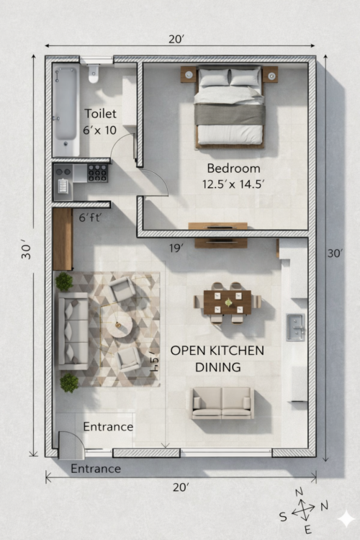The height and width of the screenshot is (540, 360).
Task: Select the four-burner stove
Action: pyautogui.click(x=97, y=173)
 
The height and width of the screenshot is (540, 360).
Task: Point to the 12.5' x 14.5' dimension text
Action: pyautogui.click(x=233, y=184)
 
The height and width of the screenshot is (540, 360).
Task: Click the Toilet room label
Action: pyautogui.click(x=100, y=114)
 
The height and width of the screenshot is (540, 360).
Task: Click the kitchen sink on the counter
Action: pyautogui.click(x=295, y=327)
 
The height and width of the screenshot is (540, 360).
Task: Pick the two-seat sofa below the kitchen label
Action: pyautogui.click(x=222, y=403)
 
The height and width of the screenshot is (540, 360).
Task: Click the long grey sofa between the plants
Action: pyautogui.click(x=73, y=330)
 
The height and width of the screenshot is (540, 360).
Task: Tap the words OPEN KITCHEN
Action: pyautogui.click(x=217, y=351)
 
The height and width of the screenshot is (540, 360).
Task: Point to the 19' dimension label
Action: pyautogui.click(x=176, y=248)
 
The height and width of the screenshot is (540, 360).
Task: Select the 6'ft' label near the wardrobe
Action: pyautogui.click(x=90, y=217)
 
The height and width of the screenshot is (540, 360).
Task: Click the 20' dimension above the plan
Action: pyautogui.click(x=176, y=40)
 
